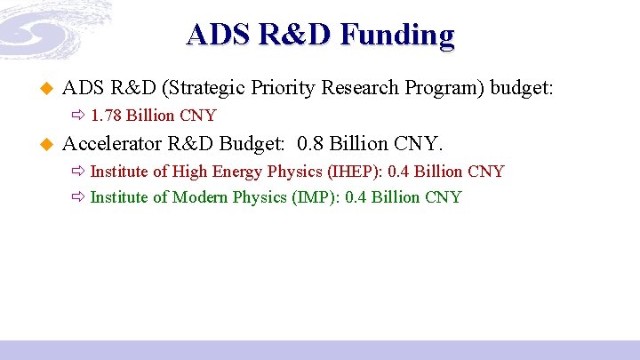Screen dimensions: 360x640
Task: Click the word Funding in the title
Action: (396, 35)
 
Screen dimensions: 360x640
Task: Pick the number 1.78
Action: (108, 116)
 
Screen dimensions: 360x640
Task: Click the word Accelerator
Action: (112, 143)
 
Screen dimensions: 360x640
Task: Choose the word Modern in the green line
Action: (200, 197)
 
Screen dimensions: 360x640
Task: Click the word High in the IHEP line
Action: (189, 171)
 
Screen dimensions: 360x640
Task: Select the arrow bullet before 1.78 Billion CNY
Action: (77, 116)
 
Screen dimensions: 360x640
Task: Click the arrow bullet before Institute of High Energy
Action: (77, 172)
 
